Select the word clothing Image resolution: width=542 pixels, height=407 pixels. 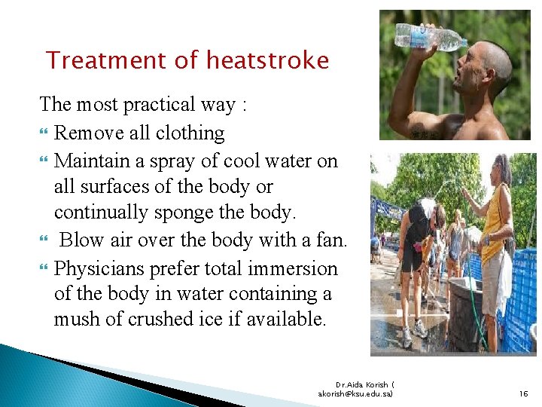point(189,133)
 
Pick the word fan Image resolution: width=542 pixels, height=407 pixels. point(333,241)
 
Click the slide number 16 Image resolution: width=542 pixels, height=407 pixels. point(523,393)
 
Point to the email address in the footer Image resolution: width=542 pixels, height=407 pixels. point(355,393)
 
